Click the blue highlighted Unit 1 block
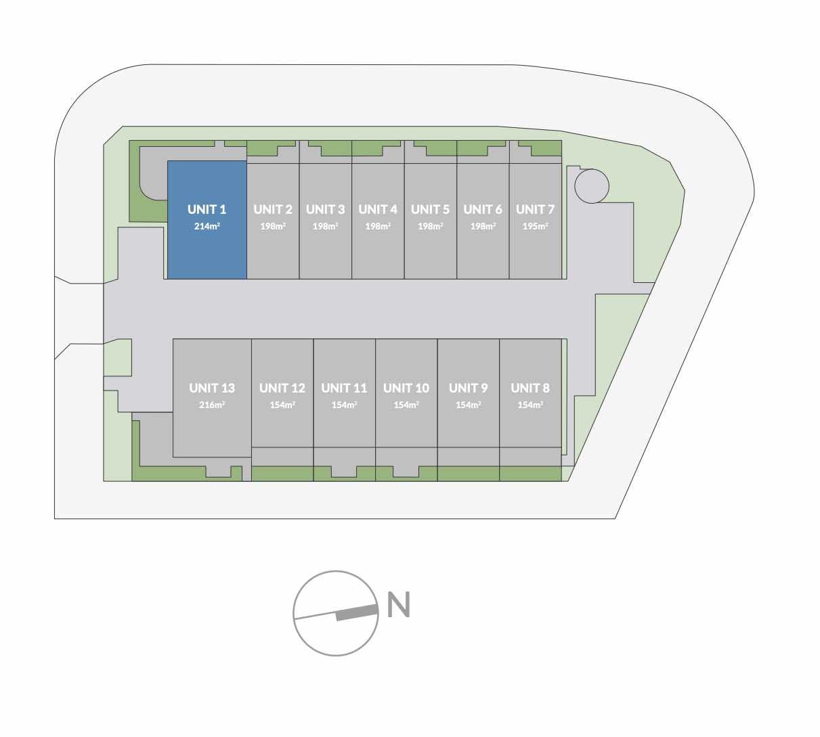207,220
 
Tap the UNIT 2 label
273,210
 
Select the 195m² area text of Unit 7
535,226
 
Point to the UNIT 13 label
212,388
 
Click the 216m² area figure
212,405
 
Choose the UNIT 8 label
530,388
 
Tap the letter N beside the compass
399,605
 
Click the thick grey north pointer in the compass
356,612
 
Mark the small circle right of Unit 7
592,186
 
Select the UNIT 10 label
406,388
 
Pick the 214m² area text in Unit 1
207,226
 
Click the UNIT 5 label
430,210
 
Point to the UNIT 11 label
344,388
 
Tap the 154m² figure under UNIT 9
468,405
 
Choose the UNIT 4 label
378,210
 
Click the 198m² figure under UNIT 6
483,226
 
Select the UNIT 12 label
282,388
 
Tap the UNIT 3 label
326,210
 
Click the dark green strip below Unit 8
530,474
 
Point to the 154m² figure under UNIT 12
282,405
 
